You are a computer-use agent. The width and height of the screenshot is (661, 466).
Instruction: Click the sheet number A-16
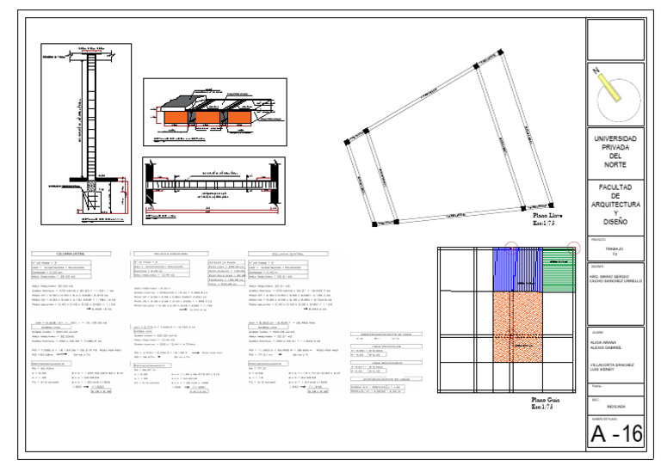pyautogui.click(x=615, y=434)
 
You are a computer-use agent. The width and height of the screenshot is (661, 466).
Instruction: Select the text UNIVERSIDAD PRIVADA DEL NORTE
pyautogui.click(x=615, y=151)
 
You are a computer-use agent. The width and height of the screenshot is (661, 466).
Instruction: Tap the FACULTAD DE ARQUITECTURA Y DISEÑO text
pyautogui.click(x=615, y=204)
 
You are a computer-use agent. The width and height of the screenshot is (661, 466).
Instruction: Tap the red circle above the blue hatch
pyautogui.click(x=510, y=248)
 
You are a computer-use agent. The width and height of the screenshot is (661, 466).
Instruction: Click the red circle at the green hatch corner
pyautogui.click(x=575, y=248)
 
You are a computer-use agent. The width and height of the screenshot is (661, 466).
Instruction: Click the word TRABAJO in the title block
pyautogui.click(x=615, y=249)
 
